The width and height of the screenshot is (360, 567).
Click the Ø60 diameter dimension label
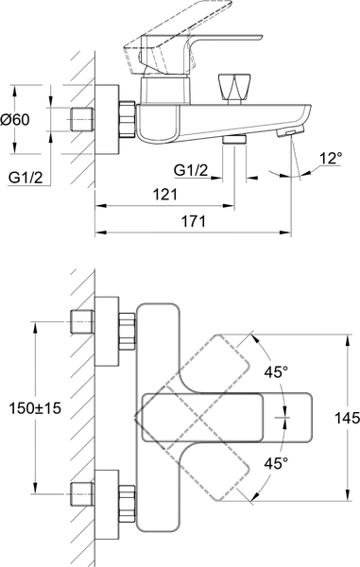15,119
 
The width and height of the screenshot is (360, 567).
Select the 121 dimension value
165,195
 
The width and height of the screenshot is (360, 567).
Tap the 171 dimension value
193,221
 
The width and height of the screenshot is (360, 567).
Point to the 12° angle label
331,158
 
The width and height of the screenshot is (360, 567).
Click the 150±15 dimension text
35,408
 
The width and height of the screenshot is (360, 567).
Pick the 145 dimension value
347,418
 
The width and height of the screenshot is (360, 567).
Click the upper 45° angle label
276,372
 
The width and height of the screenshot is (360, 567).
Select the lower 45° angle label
276,463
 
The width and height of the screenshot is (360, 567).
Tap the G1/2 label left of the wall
26,178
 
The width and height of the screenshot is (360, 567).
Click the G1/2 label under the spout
191,169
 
